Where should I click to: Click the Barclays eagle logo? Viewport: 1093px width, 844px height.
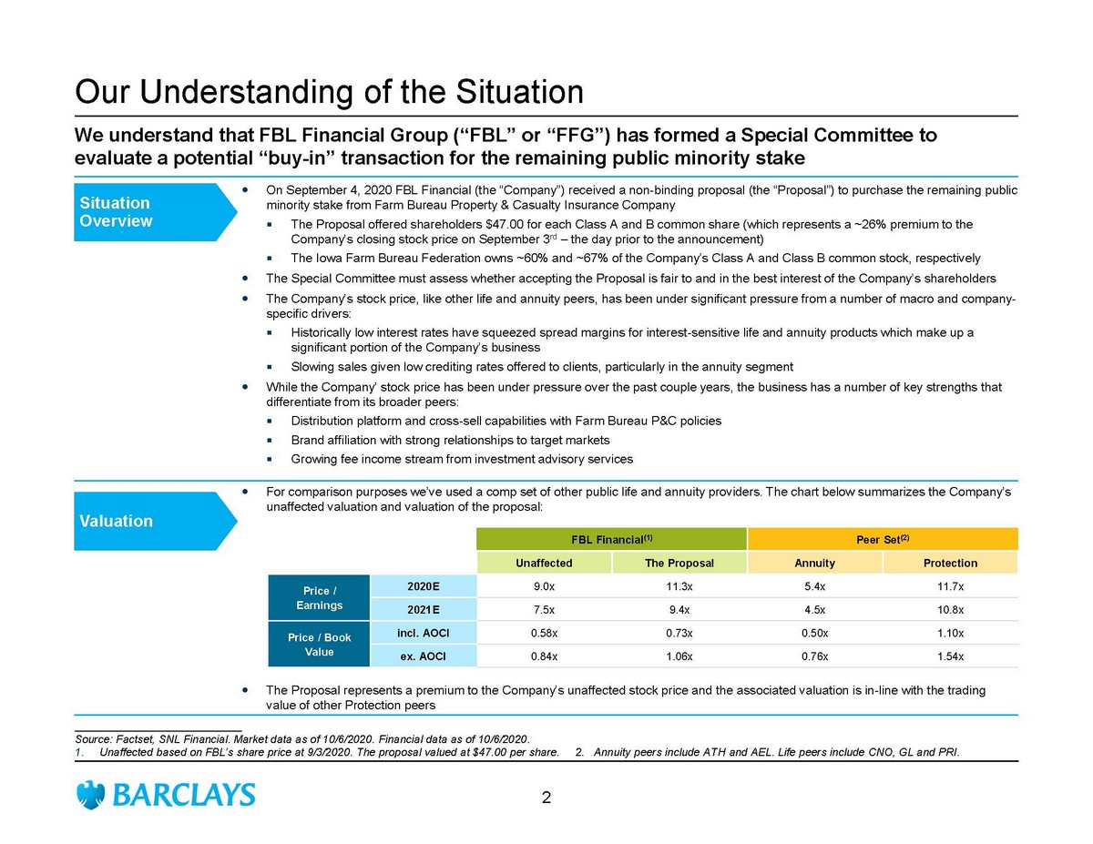tap(91, 795)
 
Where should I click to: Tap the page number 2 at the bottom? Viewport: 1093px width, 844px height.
tap(546, 799)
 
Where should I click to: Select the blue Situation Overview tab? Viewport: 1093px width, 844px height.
tap(146, 211)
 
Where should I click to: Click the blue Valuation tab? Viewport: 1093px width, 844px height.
tap(146, 521)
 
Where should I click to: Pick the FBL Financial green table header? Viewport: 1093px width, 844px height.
tap(610, 538)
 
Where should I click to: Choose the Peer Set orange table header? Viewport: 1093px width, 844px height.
tap(881, 538)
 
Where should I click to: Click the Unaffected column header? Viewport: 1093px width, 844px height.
tap(544, 563)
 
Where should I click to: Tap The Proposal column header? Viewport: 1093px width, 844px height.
tap(679, 563)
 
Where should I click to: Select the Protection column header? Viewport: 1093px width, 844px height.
tap(949, 563)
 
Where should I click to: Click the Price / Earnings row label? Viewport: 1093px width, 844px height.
tap(319, 598)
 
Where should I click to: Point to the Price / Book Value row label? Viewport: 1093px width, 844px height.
tap(319, 645)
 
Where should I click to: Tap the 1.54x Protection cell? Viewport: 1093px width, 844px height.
tap(949, 656)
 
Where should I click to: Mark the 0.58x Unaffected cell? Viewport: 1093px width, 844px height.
tap(544, 633)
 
